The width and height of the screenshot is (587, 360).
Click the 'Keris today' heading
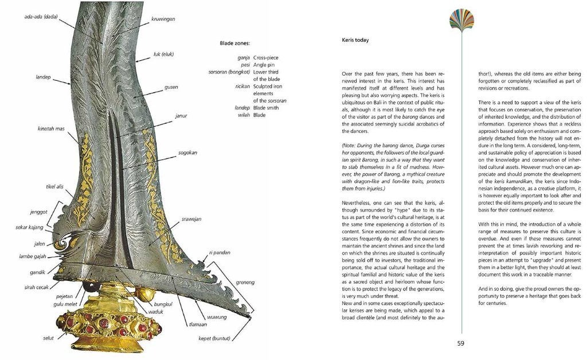click(355, 40)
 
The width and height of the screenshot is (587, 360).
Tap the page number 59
click(461, 343)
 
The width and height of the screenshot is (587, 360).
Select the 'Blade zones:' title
click(234, 44)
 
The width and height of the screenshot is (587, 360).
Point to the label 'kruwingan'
click(163, 19)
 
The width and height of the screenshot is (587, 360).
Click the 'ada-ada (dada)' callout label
click(41, 17)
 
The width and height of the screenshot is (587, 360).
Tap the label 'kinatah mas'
click(51, 129)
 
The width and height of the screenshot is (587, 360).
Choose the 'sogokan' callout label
click(187, 152)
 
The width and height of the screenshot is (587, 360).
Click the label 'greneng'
click(245, 282)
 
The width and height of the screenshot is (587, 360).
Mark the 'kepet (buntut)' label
click(214, 339)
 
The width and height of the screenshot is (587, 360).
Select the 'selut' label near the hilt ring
click(48, 338)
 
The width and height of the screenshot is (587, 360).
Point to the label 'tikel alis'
click(54, 186)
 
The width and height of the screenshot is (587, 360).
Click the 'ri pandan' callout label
click(220, 253)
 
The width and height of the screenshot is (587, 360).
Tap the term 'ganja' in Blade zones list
click(243, 58)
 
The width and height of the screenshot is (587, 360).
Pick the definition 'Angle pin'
click(264, 65)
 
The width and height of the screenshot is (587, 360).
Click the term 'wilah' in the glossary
click(244, 115)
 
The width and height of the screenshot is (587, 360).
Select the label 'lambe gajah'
click(33, 257)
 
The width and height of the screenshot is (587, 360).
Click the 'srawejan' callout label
click(191, 219)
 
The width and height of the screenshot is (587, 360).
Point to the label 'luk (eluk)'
click(163, 54)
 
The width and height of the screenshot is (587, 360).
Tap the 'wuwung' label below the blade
click(217, 317)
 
